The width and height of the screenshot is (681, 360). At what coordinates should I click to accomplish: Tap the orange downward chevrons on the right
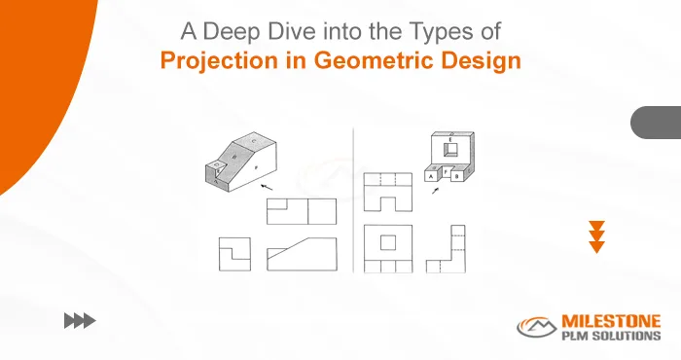point(597,236)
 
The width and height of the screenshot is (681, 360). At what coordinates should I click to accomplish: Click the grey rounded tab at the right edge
point(657,124)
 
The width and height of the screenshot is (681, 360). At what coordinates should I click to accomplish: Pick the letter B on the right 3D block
point(458,176)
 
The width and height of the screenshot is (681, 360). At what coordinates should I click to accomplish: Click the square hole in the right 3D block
point(450,150)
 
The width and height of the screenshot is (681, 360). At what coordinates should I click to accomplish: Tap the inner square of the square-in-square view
point(388,241)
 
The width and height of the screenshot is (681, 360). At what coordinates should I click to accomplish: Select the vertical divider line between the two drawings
point(352,199)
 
